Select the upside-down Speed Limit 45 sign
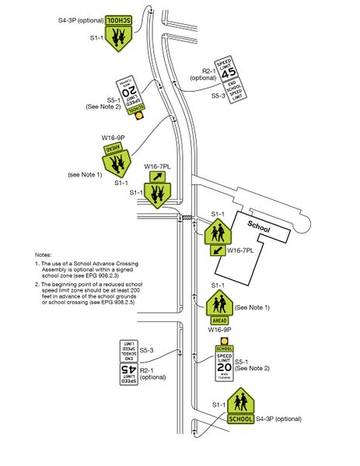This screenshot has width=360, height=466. tap(129, 373)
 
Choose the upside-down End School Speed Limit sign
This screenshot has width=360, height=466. tap(129, 349)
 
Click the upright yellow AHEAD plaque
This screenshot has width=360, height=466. tap(219, 319)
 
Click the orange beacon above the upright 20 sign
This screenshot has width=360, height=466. tap(225, 340)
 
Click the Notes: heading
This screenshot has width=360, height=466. tap(44, 255)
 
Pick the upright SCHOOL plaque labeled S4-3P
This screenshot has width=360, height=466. tap(241, 419)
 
